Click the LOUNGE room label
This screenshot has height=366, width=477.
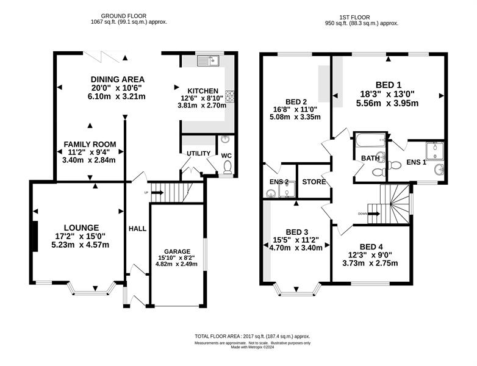click(x=82, y=228)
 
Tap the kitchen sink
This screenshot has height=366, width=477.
click(x=208, y=61)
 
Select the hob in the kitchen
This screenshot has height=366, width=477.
click(x=230, y=96)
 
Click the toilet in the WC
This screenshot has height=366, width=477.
click(x=228, y=167)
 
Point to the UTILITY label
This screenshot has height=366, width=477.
click(x=198, y=153)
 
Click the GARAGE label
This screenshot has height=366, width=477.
click(x=177, y=251)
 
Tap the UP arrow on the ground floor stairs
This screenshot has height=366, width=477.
click(x=157, y=193)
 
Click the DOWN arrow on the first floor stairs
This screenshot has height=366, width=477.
click(x=373, y=213)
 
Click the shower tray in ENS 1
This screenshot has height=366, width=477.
click(x=435, y=151)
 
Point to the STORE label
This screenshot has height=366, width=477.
click(x=314, y=182)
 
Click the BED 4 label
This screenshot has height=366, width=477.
click(x=371, y=246)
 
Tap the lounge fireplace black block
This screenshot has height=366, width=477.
click(x=35, y=237)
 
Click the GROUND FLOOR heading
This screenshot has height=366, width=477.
click(x=123, y=16)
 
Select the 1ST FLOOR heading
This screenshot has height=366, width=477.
click(x=355, y=17)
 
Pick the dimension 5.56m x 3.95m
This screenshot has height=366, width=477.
click(x=387, y=103)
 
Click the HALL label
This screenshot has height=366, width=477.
click(x=137, y=229)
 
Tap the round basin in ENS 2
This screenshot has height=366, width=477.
click(x=270, y=193)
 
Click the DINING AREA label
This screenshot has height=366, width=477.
click(x=118, y=79)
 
